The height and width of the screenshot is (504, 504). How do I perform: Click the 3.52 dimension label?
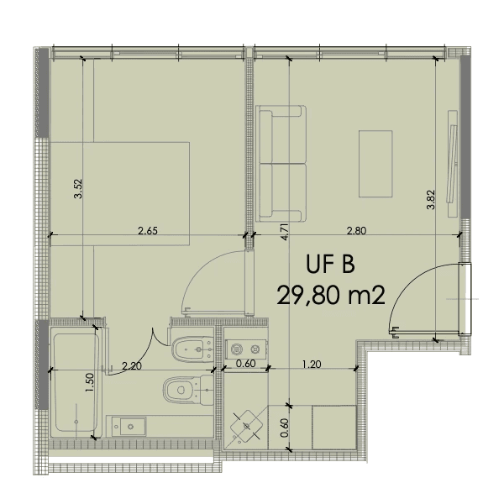pyautogui.click(x=78, y=189)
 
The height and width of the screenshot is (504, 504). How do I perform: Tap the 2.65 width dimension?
pyautogui.click(x=148, y=231)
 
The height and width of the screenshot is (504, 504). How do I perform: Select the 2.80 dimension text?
pyautogui.click(x=356, y=231)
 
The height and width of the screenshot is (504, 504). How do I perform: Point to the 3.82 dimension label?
pyautogui.click(x=431, y=200)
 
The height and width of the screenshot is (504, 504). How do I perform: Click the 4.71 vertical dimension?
pyautogui.click(x=285, y=232)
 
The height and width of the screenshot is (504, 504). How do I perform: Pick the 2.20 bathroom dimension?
pyautogui.click(x=132, y=365)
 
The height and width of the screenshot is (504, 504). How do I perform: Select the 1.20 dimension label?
pyautogui.click(x=312, y=365)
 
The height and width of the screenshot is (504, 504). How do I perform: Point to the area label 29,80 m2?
pyautogui.click(x=331, y=296)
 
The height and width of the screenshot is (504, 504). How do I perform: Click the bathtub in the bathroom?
pyautogui.click(x=76, y=382)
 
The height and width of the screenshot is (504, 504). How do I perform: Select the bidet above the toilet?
pyautogui.click(x=192, y=349)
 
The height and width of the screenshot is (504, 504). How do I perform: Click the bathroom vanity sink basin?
pyautogui.click(x=129, y=427)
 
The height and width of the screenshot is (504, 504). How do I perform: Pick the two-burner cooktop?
pyautogui.click(x=246, y=349)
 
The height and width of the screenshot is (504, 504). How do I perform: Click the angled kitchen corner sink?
pyautogui.click(x=246, y=427)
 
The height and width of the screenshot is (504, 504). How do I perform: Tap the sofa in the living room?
pyautogui.click(x=281, y=164)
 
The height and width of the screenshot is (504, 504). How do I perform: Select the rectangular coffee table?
pyautogui.click(x=375, y=164)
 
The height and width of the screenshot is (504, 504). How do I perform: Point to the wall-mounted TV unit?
pyautogui.click(x=452, y=164)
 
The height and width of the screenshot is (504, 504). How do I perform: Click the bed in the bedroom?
pyautogui.click(x=120, y=194)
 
